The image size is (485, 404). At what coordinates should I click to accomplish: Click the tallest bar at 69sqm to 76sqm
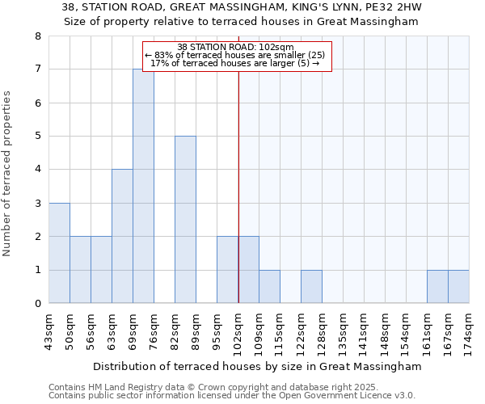pyautogui.click(x=143, y=186)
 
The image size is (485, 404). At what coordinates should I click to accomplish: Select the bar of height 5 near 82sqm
pyautogui.click(x=185, y=220)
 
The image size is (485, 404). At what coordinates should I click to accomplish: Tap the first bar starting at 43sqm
pyautogui.click(x=59, y=253)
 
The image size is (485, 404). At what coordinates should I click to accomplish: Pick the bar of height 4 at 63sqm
pyautogui.click(x=122, y=236)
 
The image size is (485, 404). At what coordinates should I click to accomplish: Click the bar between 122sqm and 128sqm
pyautogui.click(x=311, y=287)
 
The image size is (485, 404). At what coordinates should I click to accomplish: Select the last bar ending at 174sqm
pyautogui.click(x=458, y=287)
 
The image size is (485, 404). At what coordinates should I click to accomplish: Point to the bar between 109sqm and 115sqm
pyautogui.click(x=269, y=287)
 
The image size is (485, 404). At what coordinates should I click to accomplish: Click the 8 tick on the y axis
pyautogui.click(x=38, y=36)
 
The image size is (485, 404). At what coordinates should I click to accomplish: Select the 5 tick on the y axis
pyautogui.click(x=38, y=137)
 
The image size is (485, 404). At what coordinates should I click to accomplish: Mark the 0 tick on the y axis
pyautogui.click(x=38, y=304)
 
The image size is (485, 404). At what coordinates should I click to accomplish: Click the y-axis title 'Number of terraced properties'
pyautogui.click(x=8, y=174)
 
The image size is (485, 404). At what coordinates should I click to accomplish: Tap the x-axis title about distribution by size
pyautogui.click(x=257, y=366)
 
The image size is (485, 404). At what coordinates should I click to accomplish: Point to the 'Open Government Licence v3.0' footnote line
pyautogui.click(x=232, y=395)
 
